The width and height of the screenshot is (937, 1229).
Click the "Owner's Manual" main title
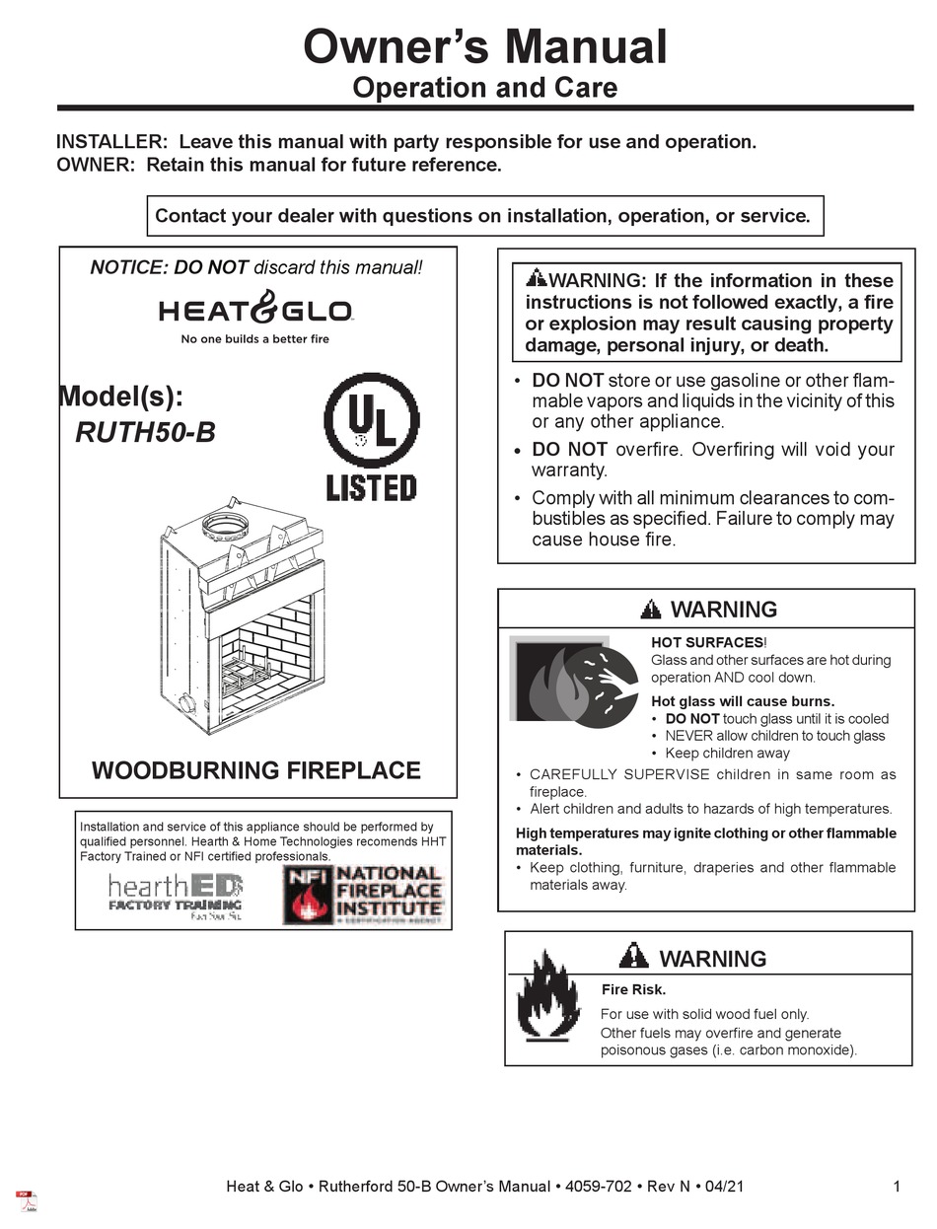pos(484,46)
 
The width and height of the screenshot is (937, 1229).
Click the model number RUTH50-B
pos(145,433)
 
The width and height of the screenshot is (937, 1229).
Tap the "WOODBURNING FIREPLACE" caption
pos(256,770)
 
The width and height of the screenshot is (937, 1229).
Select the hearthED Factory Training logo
pos(176,895)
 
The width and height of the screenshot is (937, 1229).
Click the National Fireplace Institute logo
pos(363,894)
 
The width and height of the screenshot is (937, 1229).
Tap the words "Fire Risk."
pos(633,989)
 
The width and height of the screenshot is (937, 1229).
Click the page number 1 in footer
pos(897,1187)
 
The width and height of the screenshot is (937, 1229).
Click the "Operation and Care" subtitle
pos(484,88)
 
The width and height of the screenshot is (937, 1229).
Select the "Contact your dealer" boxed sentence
pos(483,216)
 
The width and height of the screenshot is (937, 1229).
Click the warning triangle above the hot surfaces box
pos(651,610)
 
